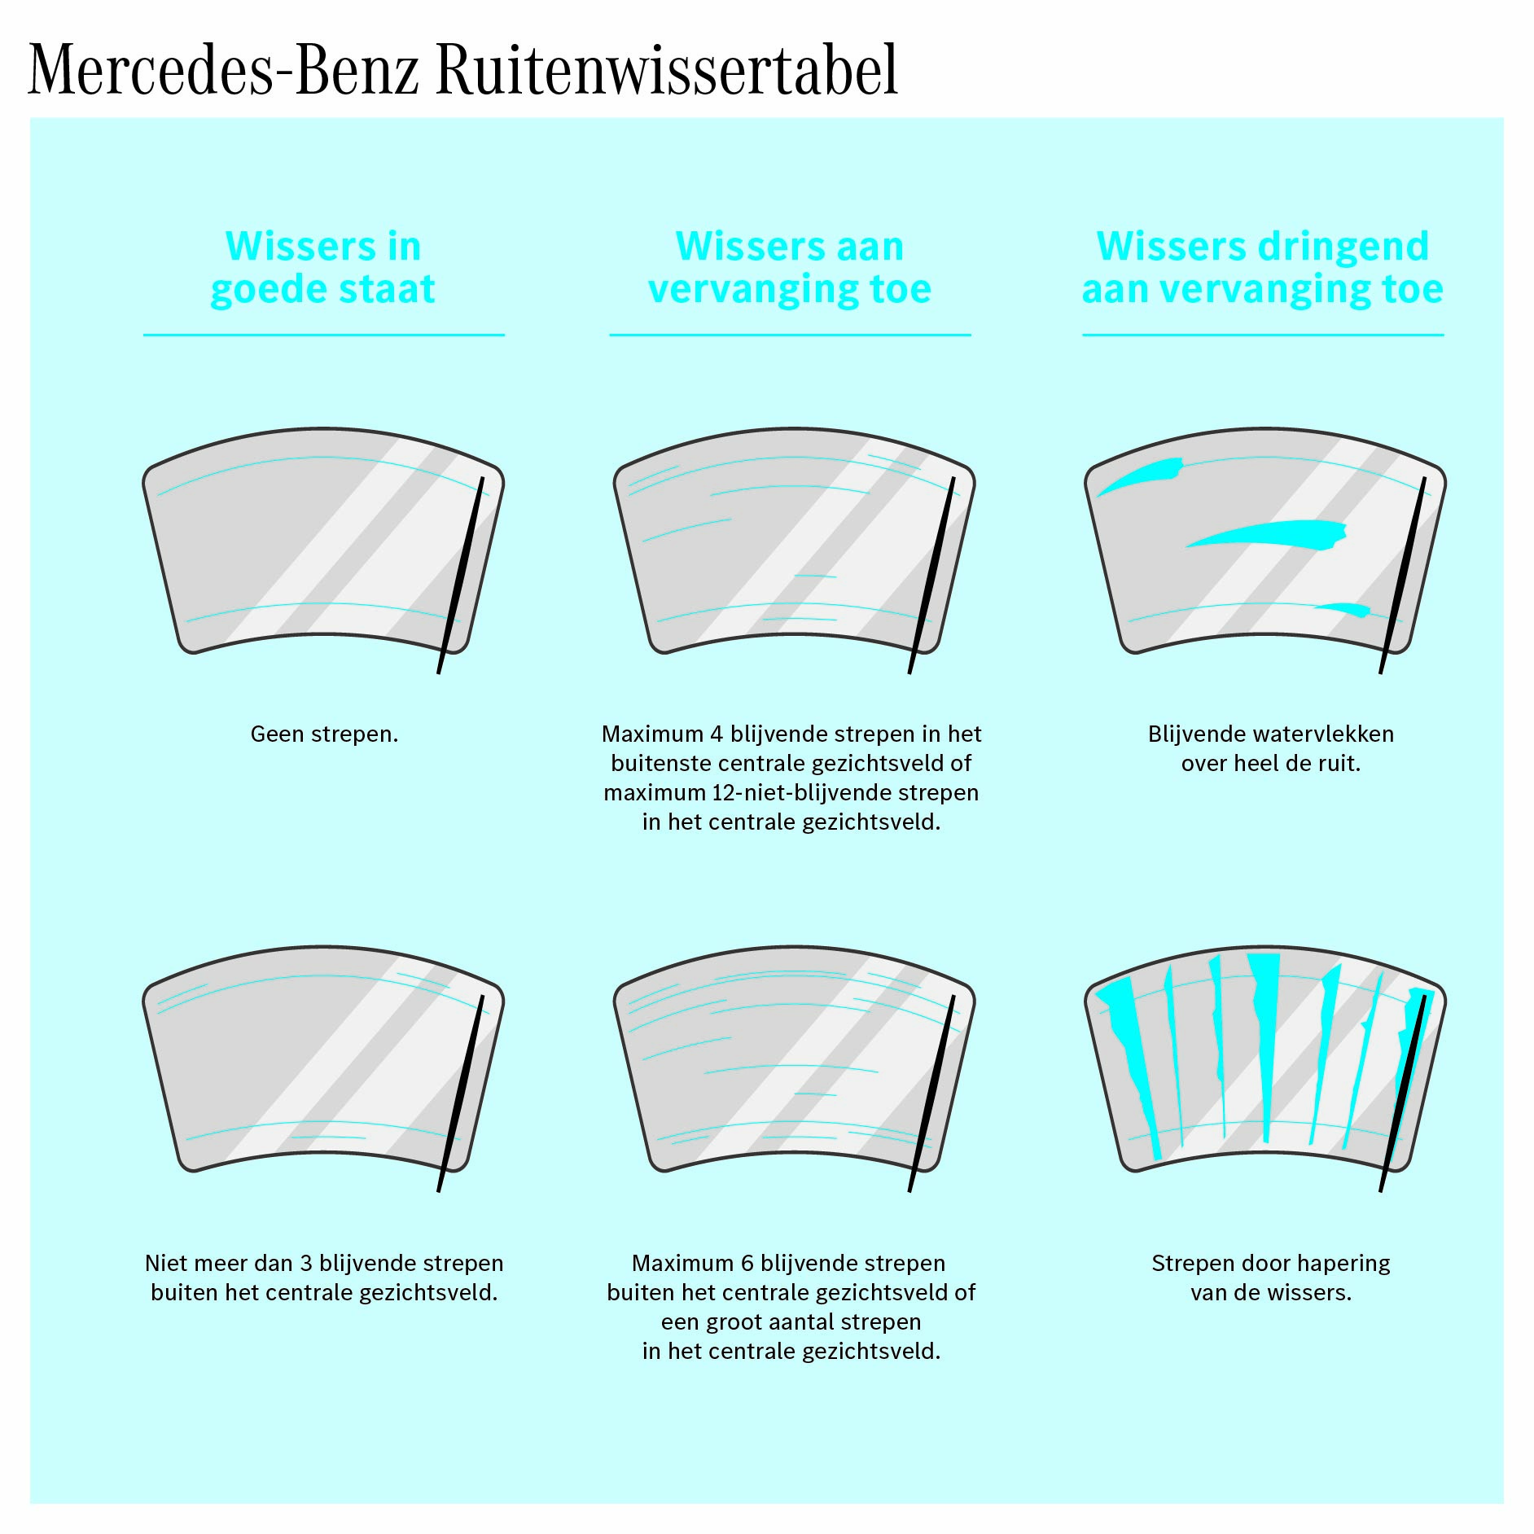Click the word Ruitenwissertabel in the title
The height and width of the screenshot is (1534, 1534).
pyautogui.click(x=667, y=70)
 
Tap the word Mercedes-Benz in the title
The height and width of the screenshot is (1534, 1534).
pyautogui.click(x=224, y=70)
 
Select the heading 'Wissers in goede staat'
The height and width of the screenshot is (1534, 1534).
pyautogui.click(x=323, y=268)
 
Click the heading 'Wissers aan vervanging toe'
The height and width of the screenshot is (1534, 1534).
pyautogui.click(x=790, y=268)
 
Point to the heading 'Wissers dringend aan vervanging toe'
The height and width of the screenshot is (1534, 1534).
pyautogui.click(x=1263, y=268)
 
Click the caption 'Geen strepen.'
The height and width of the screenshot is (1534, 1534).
pyautogui.click(x=324, y=734)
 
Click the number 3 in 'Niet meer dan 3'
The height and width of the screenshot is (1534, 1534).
pyautogui.click(x=306, y=1264)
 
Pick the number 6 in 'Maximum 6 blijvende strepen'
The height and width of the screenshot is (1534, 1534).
pyautogui.click(x=747, y=1264)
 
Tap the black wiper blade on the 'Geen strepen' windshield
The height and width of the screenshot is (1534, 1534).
pyautogui.click(x=461, y=575)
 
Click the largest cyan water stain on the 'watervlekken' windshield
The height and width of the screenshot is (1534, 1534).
pyautogui.click(x=1267, y=534)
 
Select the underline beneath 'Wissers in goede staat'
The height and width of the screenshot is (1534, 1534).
pyautogui.click(x=324, y=335)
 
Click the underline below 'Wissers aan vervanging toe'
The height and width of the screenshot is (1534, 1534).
pyautogui.click(x=790, y=335)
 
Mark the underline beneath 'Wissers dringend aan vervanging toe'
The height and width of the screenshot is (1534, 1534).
pyautogui.click(x=1263, y=335)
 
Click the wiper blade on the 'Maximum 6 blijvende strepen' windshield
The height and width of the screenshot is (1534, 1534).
pyautogui.click(x=932, y=1094)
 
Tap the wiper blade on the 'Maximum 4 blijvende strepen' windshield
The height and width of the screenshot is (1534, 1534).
pyautogui.click(x=932, y=575)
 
